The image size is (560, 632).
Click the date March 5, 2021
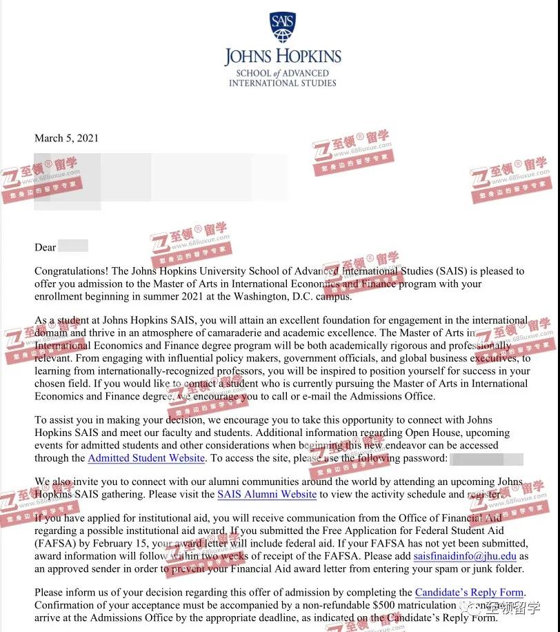[66, 138]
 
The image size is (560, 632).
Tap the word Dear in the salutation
[46, 247]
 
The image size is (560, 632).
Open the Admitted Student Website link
[146, 458]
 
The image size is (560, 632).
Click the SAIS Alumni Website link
[267, 494]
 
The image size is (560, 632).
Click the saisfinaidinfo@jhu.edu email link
[465, 556]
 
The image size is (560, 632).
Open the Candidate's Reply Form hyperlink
[470, 593]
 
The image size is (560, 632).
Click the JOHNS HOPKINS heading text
[283, 57]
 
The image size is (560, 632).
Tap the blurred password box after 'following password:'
[486, 458]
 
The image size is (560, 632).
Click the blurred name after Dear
[73, 246]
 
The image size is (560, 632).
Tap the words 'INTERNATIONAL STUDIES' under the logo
[283, 83]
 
